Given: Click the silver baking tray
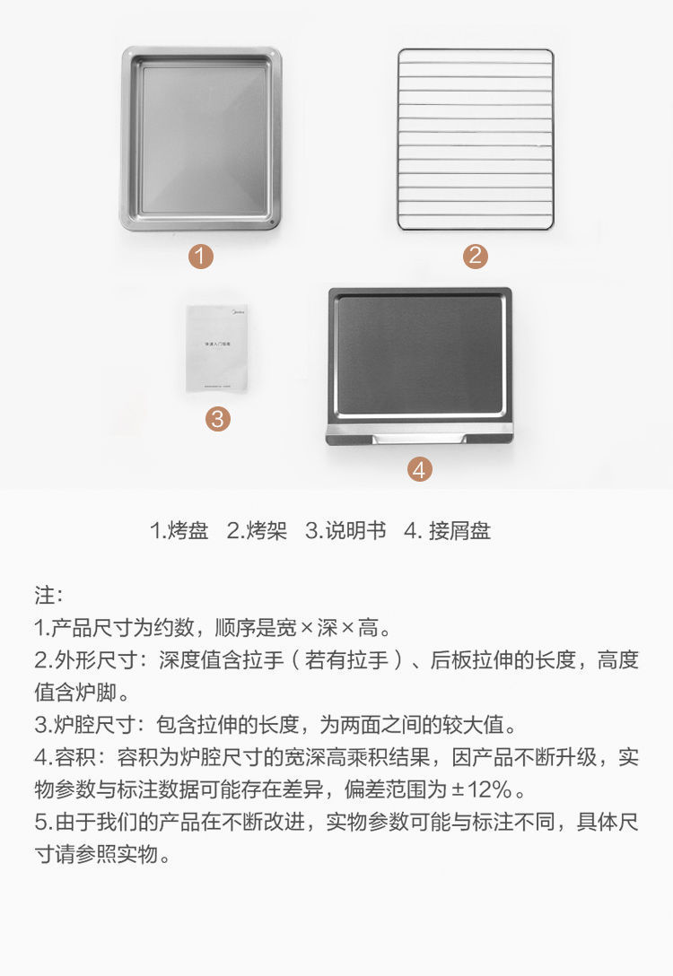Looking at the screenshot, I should (201, 138).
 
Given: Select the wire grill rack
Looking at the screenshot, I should (476, 138).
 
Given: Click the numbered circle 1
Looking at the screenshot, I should (201, 257).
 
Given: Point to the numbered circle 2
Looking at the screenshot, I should (476, 257).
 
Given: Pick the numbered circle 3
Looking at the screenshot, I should (217, 418).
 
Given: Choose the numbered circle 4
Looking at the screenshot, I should (420, 468).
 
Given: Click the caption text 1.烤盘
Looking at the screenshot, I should (179, 531).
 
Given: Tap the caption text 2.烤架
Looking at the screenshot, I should (257, 531).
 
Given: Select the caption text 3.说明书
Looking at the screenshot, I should (345, 531).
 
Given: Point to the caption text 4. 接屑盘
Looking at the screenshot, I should (447, 531).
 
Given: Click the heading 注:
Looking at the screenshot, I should (48, 595).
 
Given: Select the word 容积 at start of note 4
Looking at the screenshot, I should (75, 757).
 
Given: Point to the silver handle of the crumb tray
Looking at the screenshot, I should (419, 437).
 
